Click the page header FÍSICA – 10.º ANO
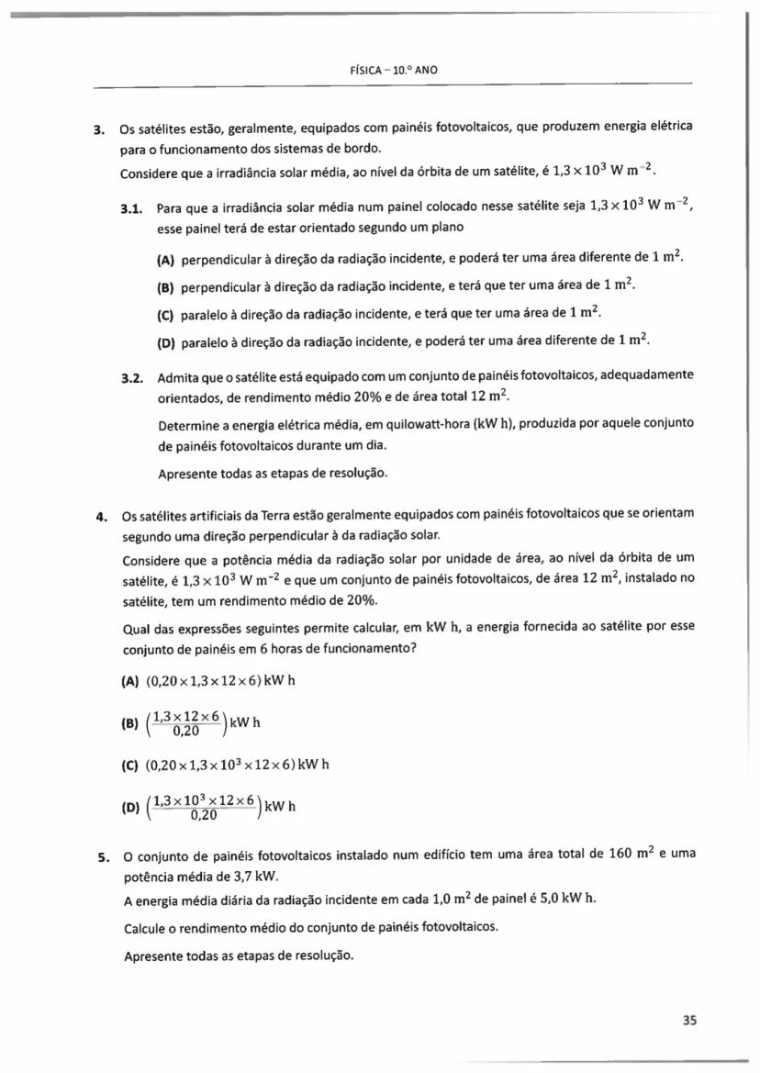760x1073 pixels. pyautogui.click(x=388, y=70)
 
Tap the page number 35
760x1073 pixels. pyautogui.click(x=690, y=1019)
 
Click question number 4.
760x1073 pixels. pyautogui.click(x=103, y=512)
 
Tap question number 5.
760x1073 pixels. pyautogui.click(x=103, y=856)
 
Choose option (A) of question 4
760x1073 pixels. pyautogui.click(x=129, y=682)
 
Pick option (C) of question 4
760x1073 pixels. pyautogui.click(x=129, y=764)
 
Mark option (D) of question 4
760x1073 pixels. pyautogui.click(x=129, y=807)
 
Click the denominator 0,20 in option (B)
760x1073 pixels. pyautogui.click(x=188, y=731)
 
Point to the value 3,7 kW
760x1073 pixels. pyautogui.click(x=217, y=877)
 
